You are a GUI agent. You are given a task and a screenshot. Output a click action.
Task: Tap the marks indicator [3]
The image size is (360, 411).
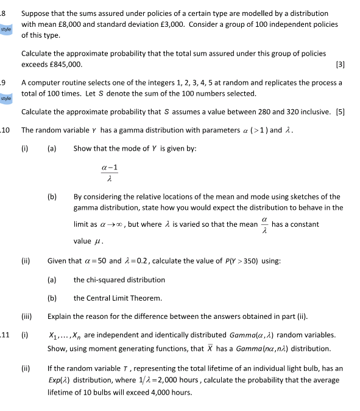point(340,64)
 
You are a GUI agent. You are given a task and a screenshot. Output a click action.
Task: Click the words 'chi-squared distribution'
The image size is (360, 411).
point(119,280)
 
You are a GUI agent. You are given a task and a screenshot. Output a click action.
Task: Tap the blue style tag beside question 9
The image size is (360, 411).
point(6,98)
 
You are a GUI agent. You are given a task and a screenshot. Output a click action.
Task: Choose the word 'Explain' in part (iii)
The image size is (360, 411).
point(60,317)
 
